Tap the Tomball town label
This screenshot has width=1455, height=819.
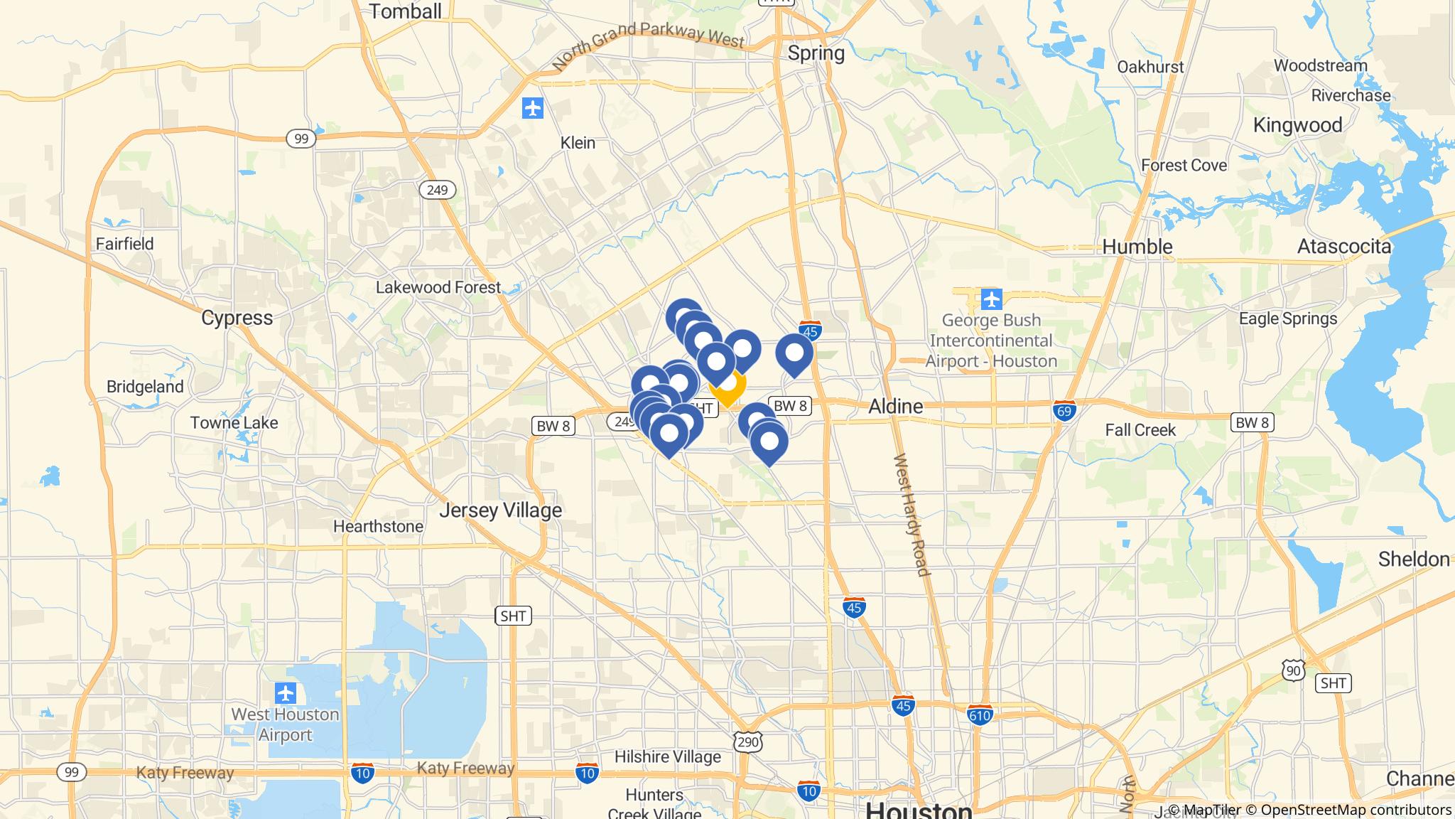(x=405, y=11)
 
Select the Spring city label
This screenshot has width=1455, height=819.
(x=816, y=53)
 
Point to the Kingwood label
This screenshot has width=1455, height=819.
(x=1297, y=125)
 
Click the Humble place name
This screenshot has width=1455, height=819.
(x=1137, y=247)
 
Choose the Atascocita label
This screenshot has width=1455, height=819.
(x=1343, y=247)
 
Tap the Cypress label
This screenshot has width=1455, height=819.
(x=237, y=318)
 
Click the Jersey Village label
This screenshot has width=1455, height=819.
(x=500, y=510)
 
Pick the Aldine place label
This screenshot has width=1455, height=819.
(x=896, y=406)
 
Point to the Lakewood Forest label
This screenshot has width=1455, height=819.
(x=438, y=287)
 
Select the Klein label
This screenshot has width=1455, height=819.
(x=578, y=142)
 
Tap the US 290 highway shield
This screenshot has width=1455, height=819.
(x=750, y=742)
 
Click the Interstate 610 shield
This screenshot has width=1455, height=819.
(x=980, y=714)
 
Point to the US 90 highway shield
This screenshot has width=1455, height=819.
(x=1294, y=670)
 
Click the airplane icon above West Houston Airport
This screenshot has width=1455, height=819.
(x=286, y=692)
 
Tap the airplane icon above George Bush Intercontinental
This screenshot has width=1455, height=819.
(x=991, y=299)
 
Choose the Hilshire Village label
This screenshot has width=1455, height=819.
(x=667, y=756)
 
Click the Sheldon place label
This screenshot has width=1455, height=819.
(x=1414, y=560)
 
